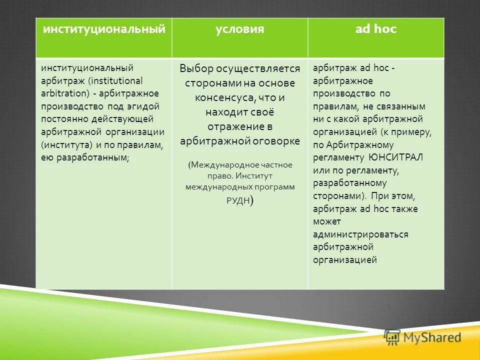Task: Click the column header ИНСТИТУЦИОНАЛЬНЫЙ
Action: (104, 29)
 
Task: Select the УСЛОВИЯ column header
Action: (240, 29)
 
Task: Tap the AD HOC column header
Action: (376, 29)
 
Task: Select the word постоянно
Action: (61, 119)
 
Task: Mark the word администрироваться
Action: (361, 234)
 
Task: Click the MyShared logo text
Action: (431, 337)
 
